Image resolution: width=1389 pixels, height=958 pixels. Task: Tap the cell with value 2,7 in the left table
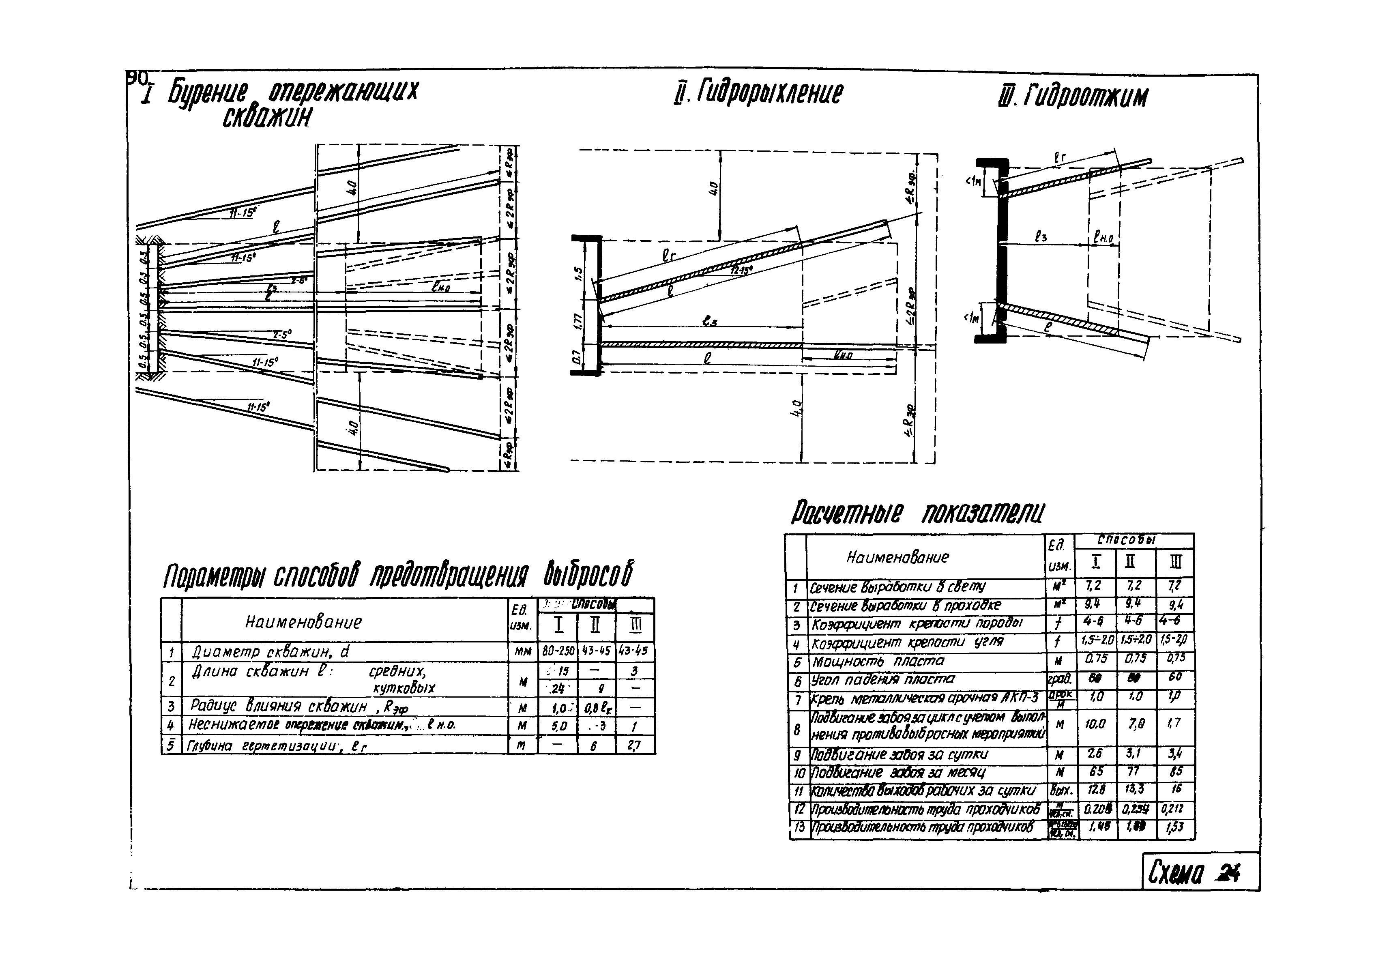(634, 745)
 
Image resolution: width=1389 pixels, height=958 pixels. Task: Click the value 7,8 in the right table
(1135, 724)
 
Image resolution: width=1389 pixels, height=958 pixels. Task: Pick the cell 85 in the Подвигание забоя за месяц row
(1175, 772)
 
